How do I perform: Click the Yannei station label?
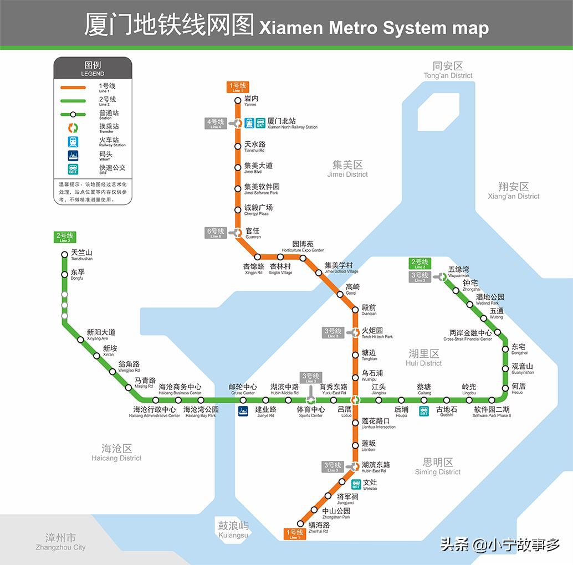pyautogui.click(x=251, y=100)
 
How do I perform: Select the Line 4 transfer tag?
pyautogui.click(x=216, y=123)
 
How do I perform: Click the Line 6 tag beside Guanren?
pyautogui.click(x=216, y=232)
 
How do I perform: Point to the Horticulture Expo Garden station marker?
pyautogui.click(x=303, y=257)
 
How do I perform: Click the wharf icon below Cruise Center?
pyautogui.click(x=243, y=410)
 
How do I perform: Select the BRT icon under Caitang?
pyautogui.click(x=424, y=410)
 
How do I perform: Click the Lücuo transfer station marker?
pyautogui.click(x=356, y=400)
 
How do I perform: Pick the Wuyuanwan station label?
pyautogui.click(x=459, y=271)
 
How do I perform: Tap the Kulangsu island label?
pyautogui.click(x=233, y=529)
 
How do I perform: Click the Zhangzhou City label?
pyautogui.click(x=60, y=541)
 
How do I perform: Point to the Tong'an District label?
pyautogui.click(x=448, y=70)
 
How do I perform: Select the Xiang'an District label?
pyautogui.click(x=513, y=191)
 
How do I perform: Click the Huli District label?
pyautogui.click(x=424, y=357)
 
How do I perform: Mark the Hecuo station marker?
pyautogui.click(x=505, y=388)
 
